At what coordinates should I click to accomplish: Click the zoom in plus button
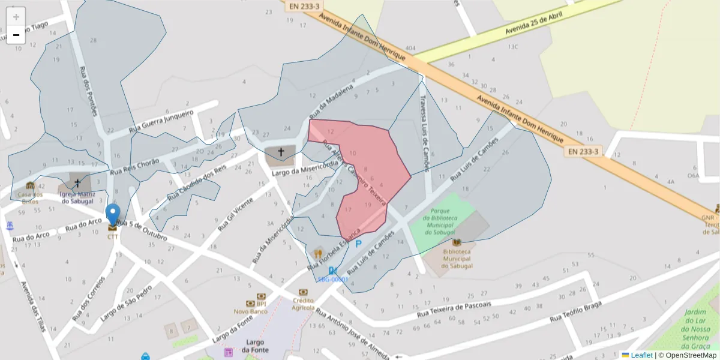pos(16,17)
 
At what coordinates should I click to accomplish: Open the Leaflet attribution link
pos(641,355)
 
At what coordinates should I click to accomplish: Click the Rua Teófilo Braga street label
pos(576,312)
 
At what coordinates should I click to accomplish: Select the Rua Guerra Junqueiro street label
pos(161,122)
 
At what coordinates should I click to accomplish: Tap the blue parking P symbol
pos(359,244)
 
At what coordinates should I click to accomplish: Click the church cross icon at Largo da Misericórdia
pos(280,152)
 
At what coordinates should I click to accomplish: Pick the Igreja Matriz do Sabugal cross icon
pos(77,182)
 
